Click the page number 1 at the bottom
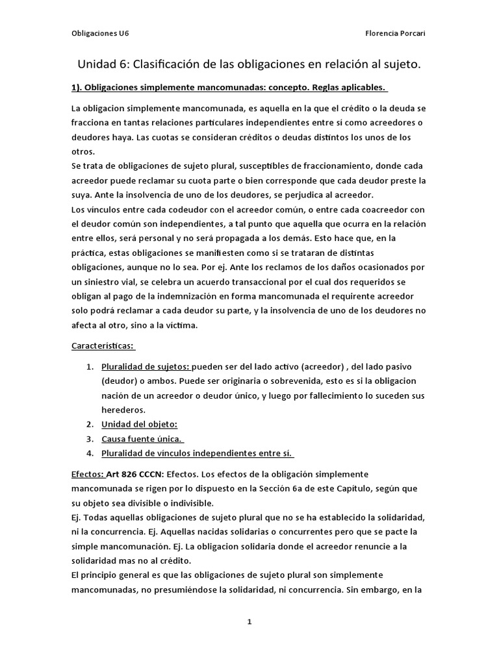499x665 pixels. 249,621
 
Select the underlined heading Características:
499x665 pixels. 103,346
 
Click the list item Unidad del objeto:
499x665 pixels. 139,424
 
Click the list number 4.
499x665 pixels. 90,453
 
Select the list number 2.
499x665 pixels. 90,424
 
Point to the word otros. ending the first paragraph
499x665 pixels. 83,151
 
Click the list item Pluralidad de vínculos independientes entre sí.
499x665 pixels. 197,453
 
